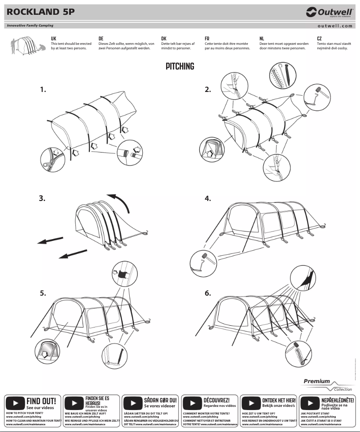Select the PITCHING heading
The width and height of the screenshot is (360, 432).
point(180,66)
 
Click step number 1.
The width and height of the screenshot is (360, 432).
point(43,89)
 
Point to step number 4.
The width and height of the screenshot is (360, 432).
point(208,198)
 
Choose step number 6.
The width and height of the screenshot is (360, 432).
point(208,293)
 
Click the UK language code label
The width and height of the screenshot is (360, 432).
point(53,39)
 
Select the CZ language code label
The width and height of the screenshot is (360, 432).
point(319,39)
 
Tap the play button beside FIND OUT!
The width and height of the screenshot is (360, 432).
point(16,402)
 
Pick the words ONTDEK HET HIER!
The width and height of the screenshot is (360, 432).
point(279,400)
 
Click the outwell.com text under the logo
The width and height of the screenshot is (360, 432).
point(334,26)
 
